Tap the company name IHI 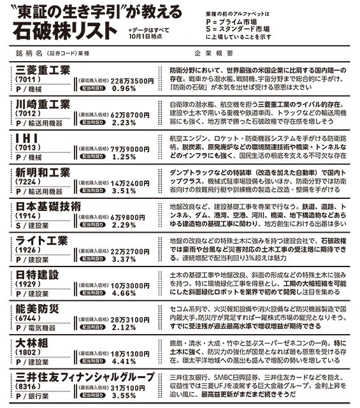pos(28,138)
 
